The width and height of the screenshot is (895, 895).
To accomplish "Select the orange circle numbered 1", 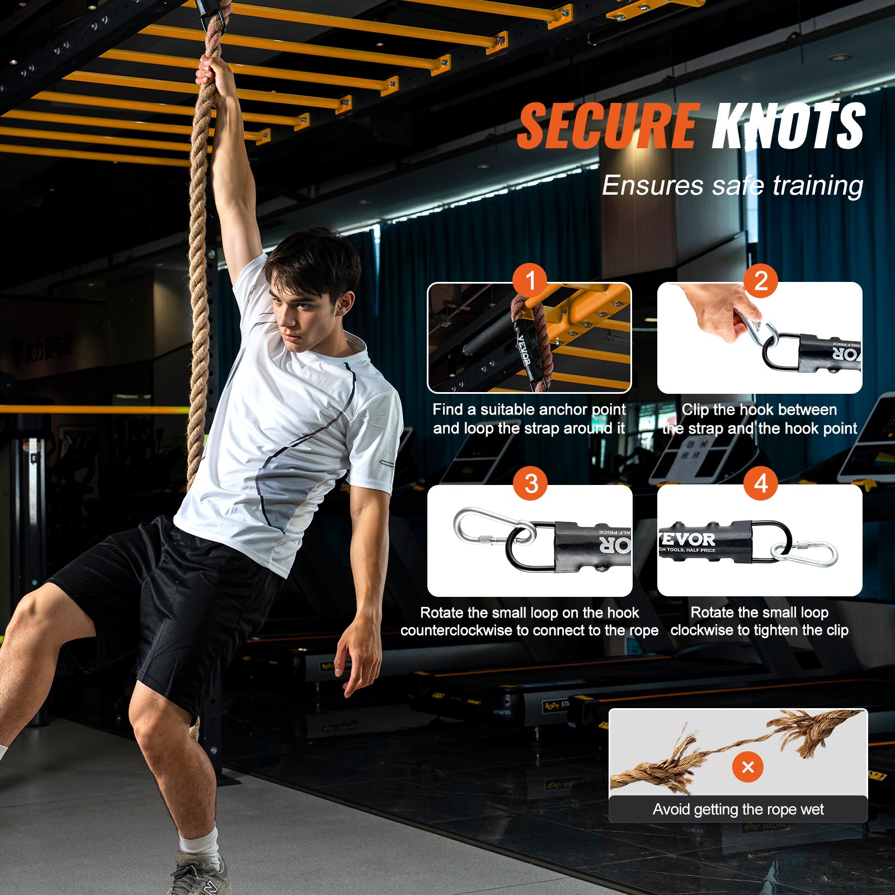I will pyautogui.click(x=531, y=280).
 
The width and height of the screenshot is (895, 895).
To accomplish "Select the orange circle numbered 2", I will pyautogui.click(x=761, y=280).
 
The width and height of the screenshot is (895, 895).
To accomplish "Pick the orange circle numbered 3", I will pyautogui.click(x=531, y=484).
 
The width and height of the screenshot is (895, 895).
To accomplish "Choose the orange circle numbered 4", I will pyautogui.click(x=761, y=484).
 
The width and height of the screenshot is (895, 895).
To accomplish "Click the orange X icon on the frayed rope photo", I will pyautogui.click(x=748, y=767).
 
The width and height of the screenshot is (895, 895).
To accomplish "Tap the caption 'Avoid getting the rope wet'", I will pyautogui.click(x=738, y=809).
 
